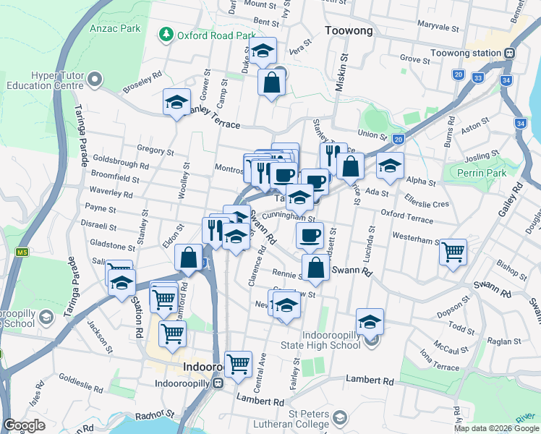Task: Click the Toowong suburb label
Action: pos(349,31)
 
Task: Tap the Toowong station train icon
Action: pos(510,53)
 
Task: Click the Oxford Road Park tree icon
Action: pos(166,35)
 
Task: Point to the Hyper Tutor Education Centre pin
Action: pos(98,77)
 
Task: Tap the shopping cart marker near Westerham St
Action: pos(453,252)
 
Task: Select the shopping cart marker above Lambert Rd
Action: pos(237,364)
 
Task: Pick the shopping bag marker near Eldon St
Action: pos(189,258)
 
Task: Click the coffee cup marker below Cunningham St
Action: pos(310,234)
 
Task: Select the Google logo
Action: pos(24,425)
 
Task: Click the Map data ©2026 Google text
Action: pos(496,428)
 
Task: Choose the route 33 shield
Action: pos(477,77)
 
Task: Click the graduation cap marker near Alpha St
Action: pos(390,165)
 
